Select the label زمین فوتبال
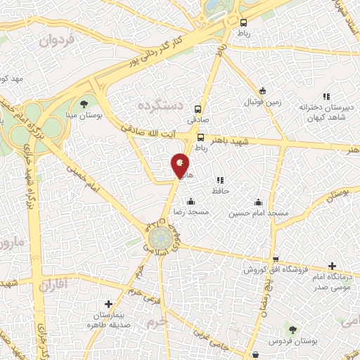pyautogui.click(x=261, y=102)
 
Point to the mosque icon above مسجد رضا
pyautogui.click(x=191, y=201)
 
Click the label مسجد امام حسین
pyautogui.click(x=260, y=212)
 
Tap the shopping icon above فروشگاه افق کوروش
pyautogui.click(x=276, y=259)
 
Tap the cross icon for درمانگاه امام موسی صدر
pyautogui.click(x=331, y=266)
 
